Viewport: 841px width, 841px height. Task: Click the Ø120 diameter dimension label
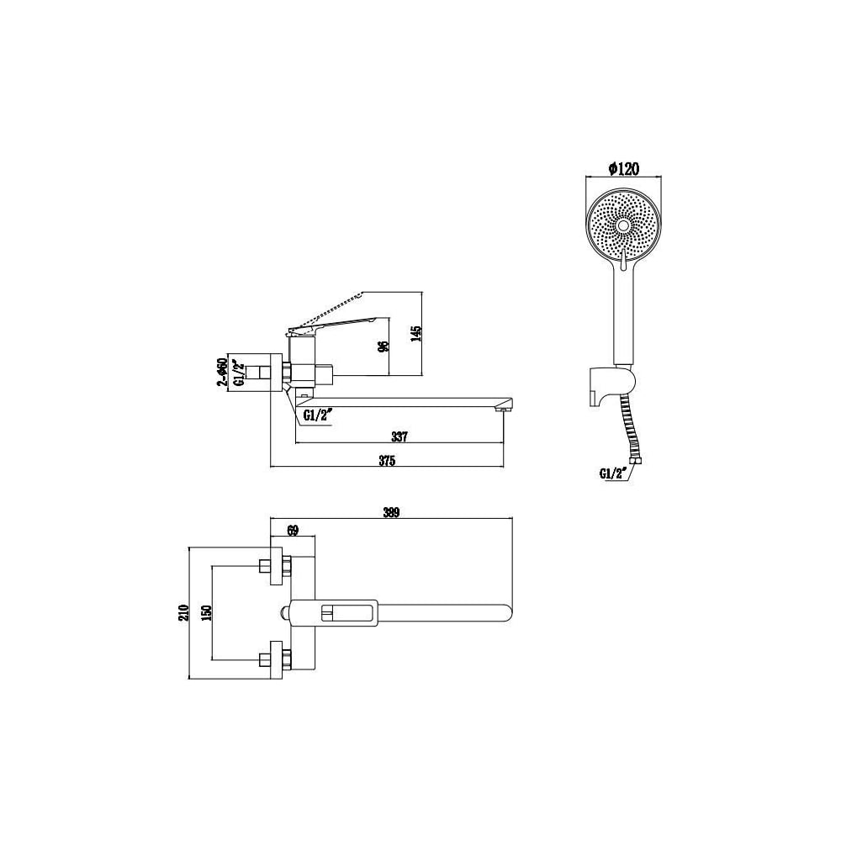point(624,168)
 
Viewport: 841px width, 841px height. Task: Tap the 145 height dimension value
point(416,334)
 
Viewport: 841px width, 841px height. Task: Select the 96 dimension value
point(383,346)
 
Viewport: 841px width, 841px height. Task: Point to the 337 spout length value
point(399,436)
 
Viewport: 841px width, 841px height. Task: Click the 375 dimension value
point(387,460)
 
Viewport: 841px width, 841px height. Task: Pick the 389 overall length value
point(391,512)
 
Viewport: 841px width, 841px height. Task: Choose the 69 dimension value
point(293,531)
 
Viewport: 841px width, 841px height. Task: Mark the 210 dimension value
point(183,612)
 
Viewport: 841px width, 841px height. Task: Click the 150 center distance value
point(207,612)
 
